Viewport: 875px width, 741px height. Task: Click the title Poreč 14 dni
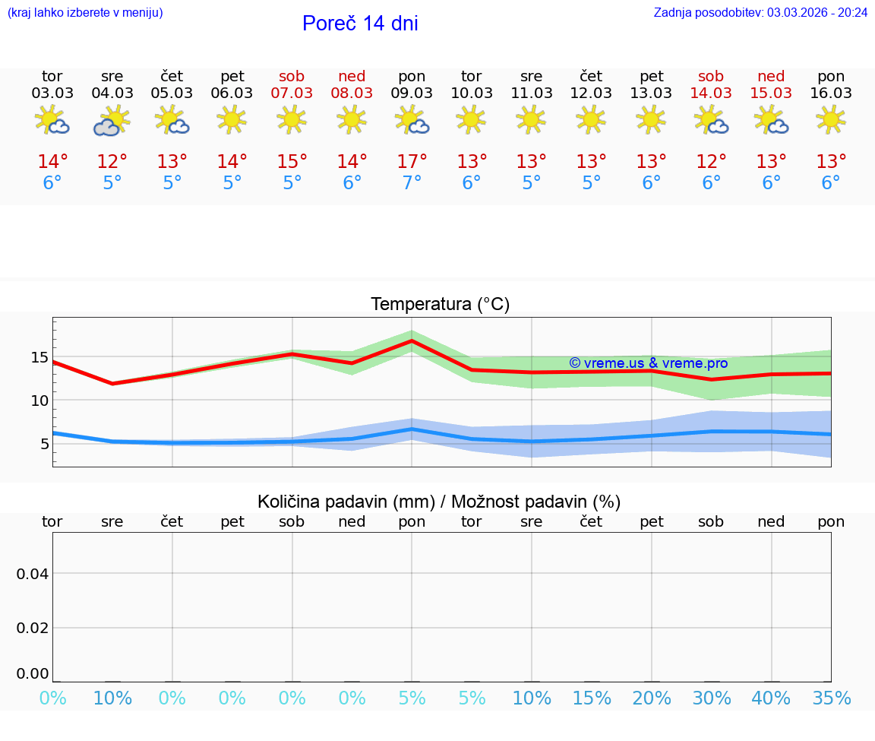tap(360, 24)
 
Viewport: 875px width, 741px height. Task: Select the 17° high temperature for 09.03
tap(412, 162)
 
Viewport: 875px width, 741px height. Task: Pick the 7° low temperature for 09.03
tap(412, 183)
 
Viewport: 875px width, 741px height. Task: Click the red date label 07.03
tap(292, 93)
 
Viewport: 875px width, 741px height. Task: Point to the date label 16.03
tap(831, 93)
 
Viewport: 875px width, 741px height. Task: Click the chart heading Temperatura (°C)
tap(440, 305)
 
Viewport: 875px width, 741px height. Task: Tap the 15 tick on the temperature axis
tap(39, 357)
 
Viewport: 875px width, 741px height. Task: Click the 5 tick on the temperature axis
tap(45, 444)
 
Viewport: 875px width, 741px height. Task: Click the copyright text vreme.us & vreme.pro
tap(648, 363)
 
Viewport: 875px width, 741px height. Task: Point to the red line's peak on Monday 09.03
tap(412, 340)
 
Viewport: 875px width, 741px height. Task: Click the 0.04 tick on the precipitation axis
tap(33, 574)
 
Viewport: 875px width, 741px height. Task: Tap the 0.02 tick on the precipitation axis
tap(33, 628)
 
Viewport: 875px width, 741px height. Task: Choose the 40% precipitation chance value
tap(771, 698)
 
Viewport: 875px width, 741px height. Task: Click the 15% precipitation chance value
tap(592, 698)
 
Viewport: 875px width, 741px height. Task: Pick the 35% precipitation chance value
tap(831, 698)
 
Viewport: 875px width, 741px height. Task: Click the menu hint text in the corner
tap(85, 12)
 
